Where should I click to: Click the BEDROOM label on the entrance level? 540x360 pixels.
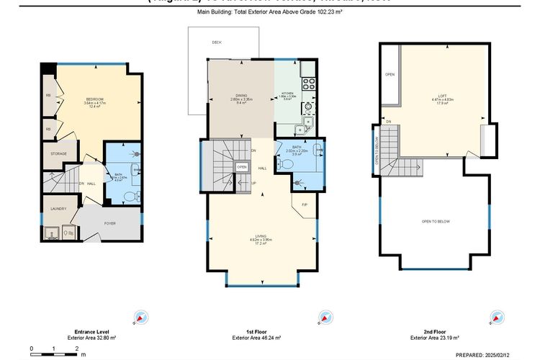[96, 99]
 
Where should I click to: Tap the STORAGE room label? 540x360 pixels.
[58, 153]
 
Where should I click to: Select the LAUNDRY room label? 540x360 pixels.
[58, 209]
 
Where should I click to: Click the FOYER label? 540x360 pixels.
[109, 223]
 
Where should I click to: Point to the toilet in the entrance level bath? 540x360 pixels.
[129, 195]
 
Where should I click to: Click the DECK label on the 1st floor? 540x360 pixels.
[216, 43]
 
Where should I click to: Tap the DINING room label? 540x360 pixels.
[240, 99]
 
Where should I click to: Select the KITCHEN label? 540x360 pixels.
[287, 94]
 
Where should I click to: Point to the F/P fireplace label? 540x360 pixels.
[305, 204]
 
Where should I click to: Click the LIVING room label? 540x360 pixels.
[261, 235]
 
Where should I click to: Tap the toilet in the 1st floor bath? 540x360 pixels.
[287, 164]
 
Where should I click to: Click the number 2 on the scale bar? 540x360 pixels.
[77, 348]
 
